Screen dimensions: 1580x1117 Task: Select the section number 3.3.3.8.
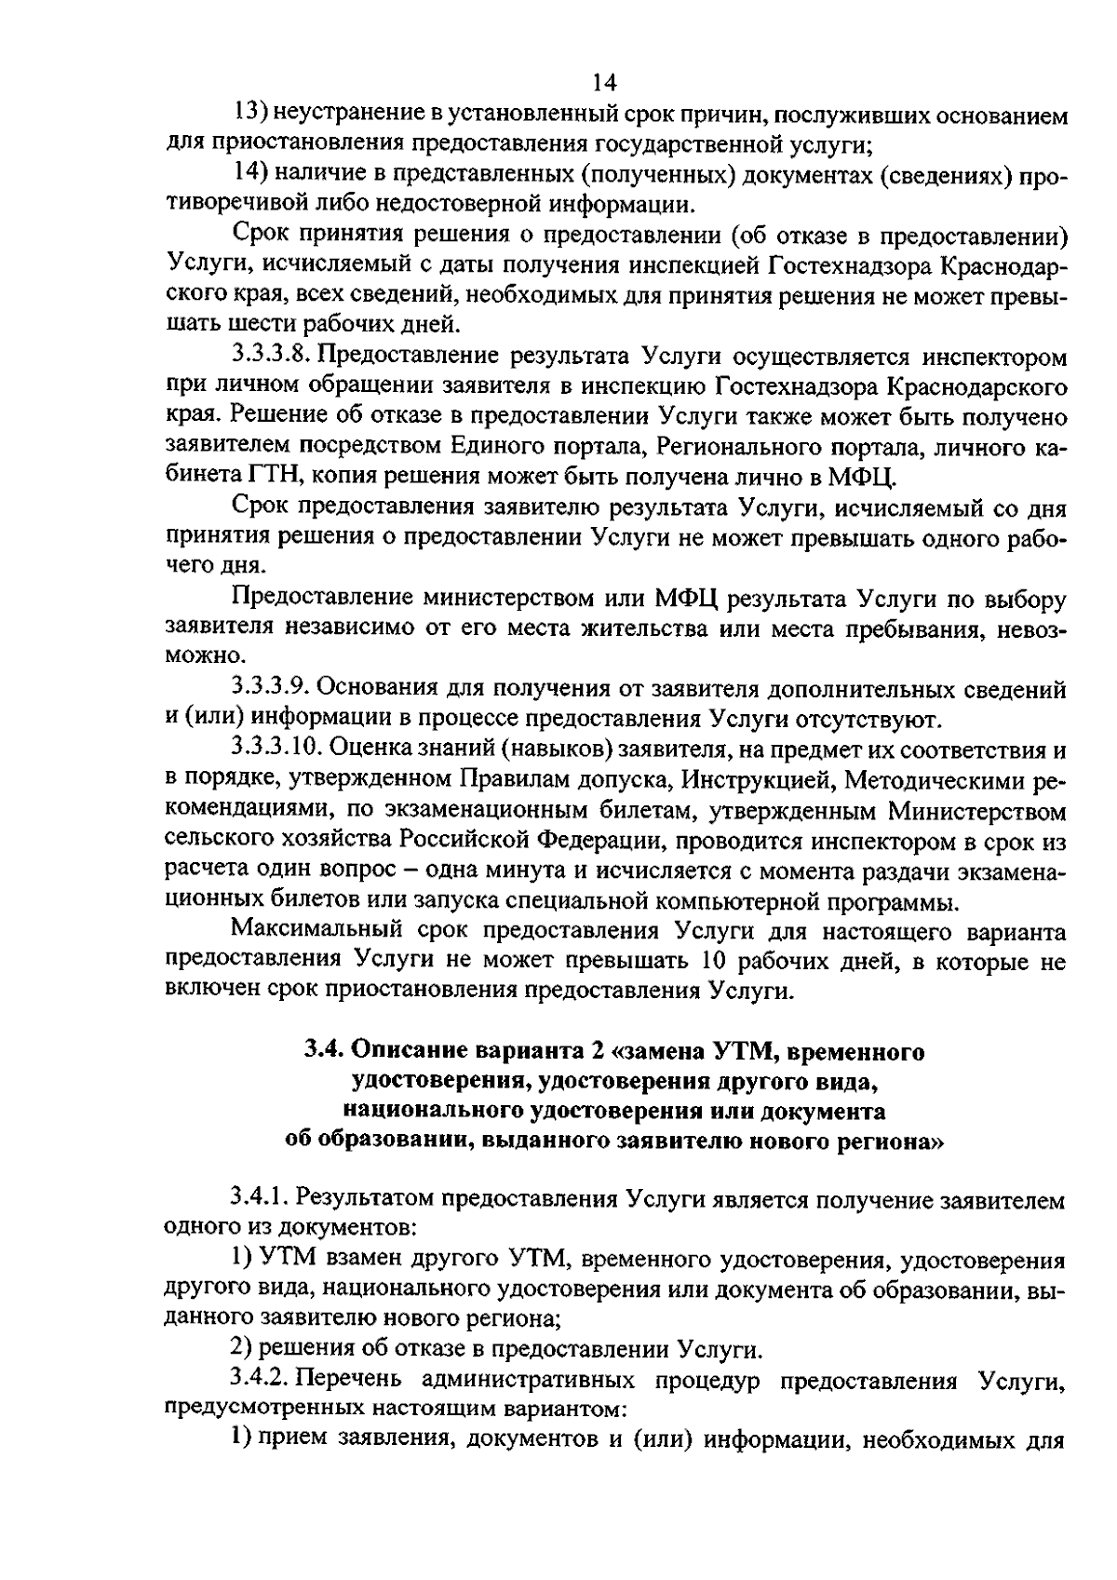pos(271,357)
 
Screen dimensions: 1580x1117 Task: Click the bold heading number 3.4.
pos(325,1052)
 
